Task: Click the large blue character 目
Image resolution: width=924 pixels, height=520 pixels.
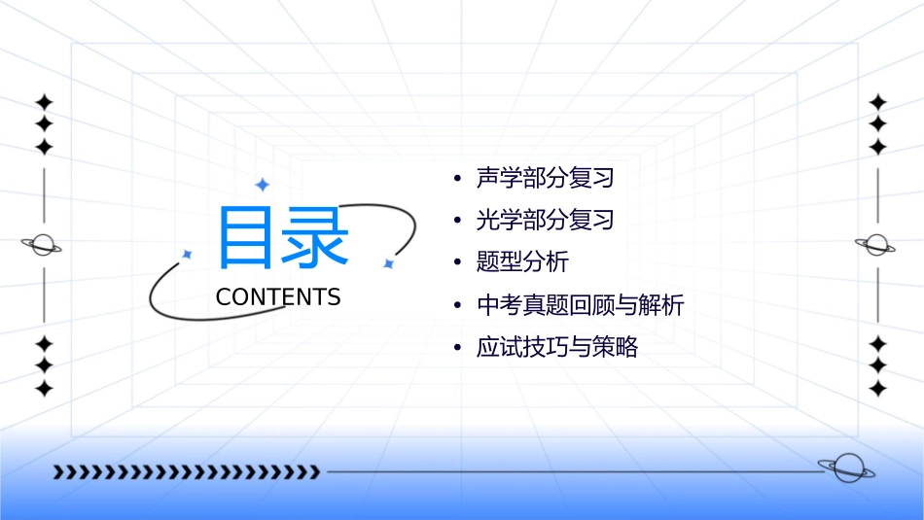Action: (x=246, y=236)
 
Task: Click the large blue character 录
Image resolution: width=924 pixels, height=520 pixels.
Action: (x=313, y=236)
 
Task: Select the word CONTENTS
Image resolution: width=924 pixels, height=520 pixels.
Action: (x=278, y=297)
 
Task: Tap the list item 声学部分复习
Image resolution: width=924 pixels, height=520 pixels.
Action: (x=545, y=178)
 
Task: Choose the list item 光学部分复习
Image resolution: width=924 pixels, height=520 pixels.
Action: (x=545, y=221)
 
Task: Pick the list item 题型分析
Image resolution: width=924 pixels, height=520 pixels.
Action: (x=522, y=262)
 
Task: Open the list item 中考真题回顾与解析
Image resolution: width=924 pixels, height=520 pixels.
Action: (x=580, y=305)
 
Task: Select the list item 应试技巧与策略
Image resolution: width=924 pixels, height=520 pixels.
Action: (x=556, y=348)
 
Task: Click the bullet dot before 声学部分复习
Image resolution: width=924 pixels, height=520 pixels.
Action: (x=457, y=179)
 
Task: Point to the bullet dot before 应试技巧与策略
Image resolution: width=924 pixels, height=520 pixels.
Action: (x=457, y=349)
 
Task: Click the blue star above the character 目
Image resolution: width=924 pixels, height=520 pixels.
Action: (x=262, y=185)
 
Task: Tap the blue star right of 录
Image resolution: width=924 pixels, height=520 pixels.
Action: (x=388, y=263)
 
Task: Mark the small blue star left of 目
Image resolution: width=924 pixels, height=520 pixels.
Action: (x=188, y=254)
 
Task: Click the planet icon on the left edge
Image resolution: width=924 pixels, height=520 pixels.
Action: (x=43, y=245)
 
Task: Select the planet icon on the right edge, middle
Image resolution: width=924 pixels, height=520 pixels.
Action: (x=877, y=245)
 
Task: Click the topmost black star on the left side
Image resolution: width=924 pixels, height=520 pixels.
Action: (x=44, y=102)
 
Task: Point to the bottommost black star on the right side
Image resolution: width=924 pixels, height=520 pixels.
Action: (x=878, y=388)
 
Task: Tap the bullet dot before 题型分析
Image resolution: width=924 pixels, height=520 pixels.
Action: (x=457, y=263)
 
